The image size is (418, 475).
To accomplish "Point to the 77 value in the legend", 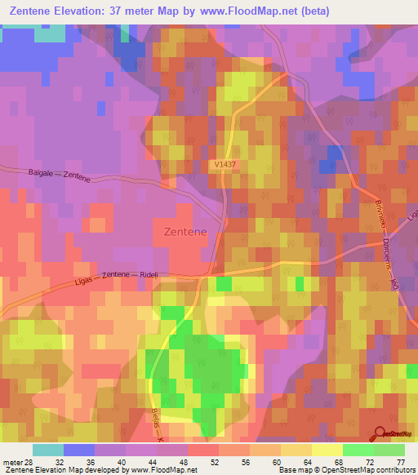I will point(400,462).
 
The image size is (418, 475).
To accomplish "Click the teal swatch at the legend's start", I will point(47,450).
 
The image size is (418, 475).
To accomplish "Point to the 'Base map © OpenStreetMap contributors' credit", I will point(346,470).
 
